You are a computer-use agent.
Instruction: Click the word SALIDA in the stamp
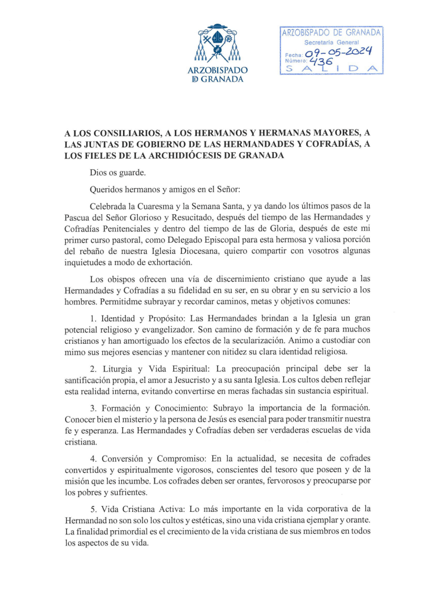(330, 69)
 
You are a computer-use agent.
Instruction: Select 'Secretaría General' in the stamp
(332, 43)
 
